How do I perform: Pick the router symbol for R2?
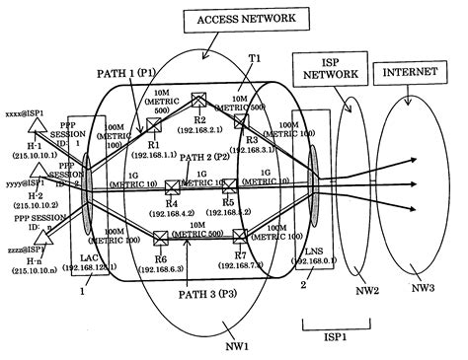tap(198, 100)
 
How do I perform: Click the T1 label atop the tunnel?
tap(255, 59)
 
